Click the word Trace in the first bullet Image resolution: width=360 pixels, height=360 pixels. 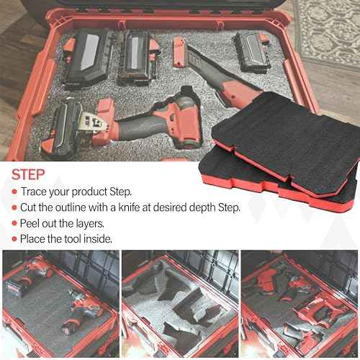point(35,192)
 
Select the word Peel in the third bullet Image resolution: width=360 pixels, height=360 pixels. point(32,224)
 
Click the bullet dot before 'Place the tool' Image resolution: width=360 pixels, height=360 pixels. point(14,240)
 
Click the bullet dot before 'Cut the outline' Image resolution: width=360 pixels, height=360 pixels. point(14,208)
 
